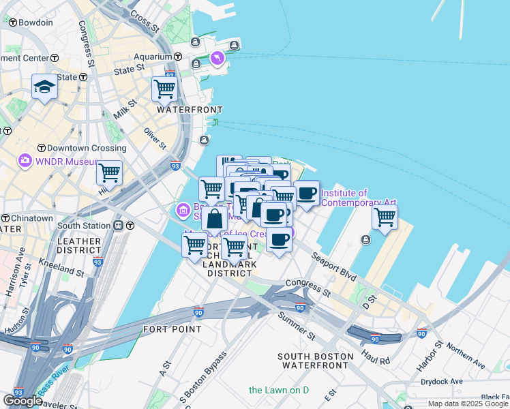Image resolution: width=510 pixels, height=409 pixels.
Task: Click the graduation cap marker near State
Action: (44, 87)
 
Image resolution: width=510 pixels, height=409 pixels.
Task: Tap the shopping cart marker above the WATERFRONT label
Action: (164, 88)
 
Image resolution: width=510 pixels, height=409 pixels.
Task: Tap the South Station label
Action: (83, 226)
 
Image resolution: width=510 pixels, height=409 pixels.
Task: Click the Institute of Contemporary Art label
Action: (358, 198)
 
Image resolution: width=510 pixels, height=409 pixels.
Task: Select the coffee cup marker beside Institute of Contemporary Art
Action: (307, 193)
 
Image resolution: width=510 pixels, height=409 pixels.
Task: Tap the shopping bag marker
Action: (215, 219)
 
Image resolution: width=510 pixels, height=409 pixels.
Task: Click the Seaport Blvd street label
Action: (334, 267)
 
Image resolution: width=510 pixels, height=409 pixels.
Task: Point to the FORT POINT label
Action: (172, 329)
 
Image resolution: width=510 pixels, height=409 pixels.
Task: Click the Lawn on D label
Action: (279, 390)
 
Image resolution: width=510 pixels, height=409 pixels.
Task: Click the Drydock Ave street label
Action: (441, 381)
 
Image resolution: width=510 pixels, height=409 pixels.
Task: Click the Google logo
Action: (22, 401)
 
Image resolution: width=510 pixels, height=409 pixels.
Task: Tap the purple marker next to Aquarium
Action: (217, 59)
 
